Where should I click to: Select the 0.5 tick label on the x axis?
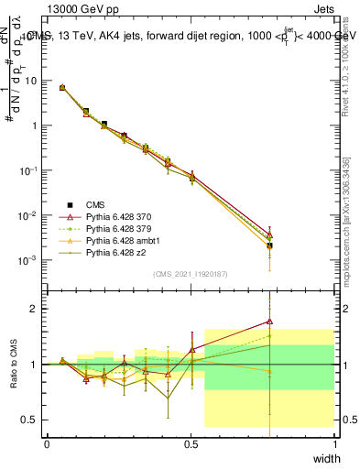pos(191,442)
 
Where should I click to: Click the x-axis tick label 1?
pos(335,442)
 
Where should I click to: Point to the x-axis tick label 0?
pos(47,442)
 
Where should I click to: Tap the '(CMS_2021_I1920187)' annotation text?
pos(191,273)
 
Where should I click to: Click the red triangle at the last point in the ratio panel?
pos(269,322)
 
